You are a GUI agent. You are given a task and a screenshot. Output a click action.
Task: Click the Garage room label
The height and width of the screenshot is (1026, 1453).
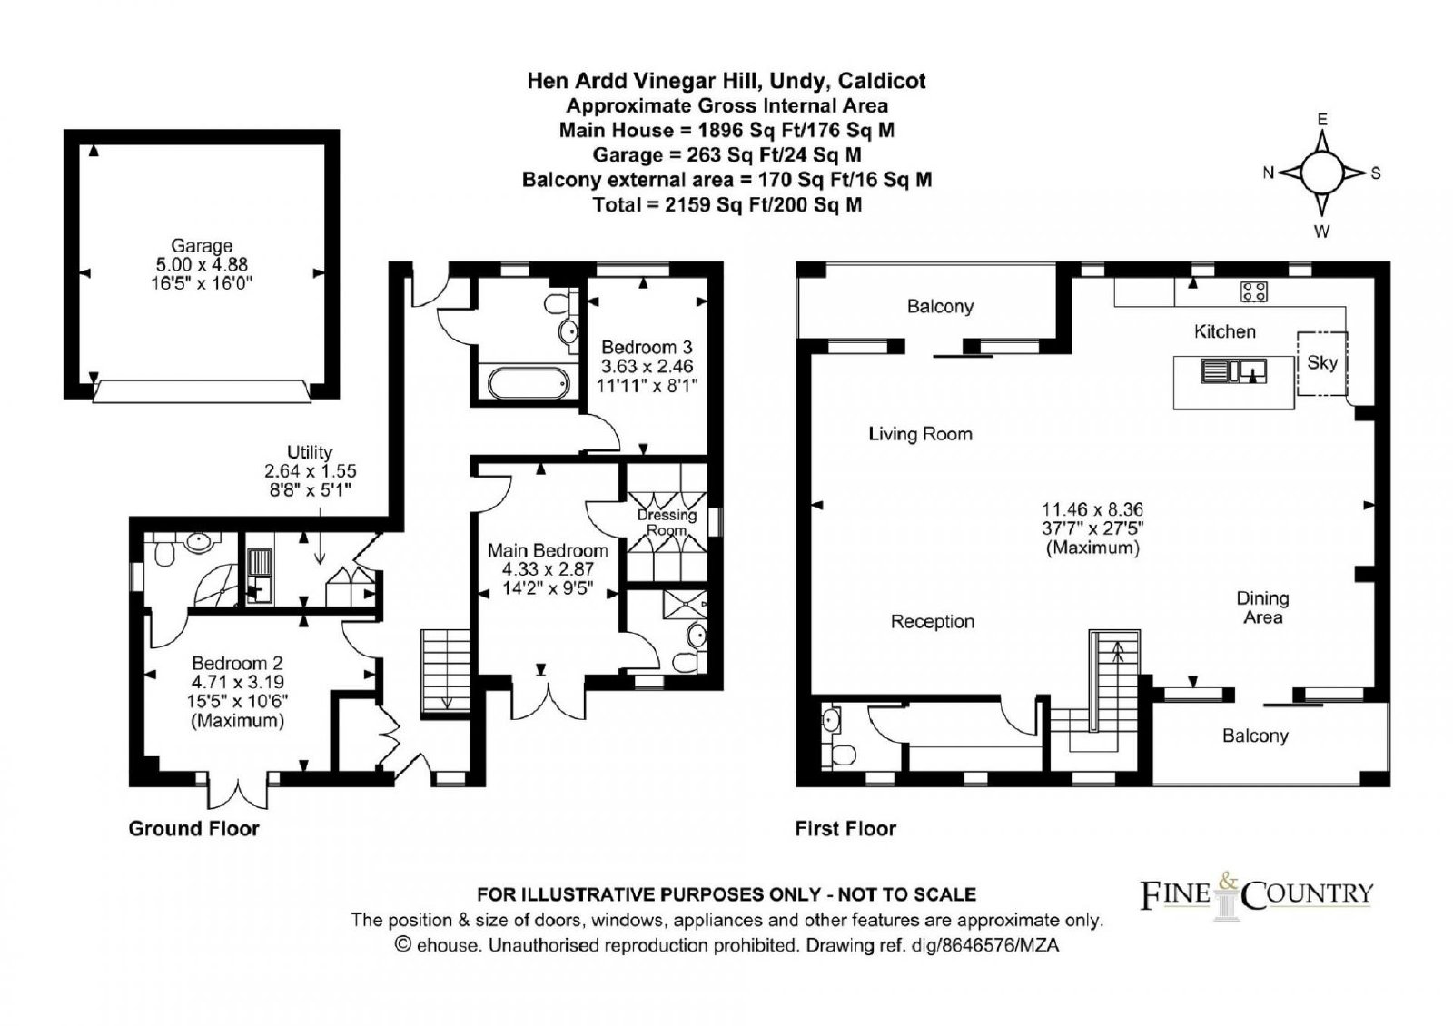tap(202, 246)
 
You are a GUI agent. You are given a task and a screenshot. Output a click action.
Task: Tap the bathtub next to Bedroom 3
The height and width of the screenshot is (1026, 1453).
tap(529, 383)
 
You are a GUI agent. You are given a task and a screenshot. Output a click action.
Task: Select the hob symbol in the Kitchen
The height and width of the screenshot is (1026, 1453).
tap(1254, 291)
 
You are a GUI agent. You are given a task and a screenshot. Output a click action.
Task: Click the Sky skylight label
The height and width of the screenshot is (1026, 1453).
tap(1321, 362)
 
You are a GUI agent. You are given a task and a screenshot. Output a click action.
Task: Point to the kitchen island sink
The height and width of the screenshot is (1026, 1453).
tap(1233, 372)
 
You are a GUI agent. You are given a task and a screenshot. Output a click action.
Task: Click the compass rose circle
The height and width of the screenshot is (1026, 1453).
tap(1322, 173)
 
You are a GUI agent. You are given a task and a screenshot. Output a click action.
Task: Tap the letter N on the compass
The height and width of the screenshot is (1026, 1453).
tap(1268, 173)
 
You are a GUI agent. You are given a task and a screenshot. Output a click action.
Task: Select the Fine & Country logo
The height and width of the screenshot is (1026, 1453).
tap(1257, 896)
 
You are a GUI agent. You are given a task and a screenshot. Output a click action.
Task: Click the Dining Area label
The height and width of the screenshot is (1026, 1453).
tap(1262, 607)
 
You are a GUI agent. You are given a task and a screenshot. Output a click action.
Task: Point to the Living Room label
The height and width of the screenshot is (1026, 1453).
tap(920, 434)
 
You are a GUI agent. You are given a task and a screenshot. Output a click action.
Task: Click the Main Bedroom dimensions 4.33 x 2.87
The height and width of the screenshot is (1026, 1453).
tap(548, 569)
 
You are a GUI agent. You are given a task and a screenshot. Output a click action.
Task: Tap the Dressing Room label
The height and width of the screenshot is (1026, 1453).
tap(667, 523)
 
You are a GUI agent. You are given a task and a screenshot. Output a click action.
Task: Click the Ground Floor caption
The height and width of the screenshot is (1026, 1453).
tap(194, 828)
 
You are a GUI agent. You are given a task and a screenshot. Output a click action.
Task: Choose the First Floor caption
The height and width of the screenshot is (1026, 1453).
tap(845, 828)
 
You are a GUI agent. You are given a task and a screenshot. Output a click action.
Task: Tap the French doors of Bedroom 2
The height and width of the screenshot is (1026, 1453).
tap(237, 790)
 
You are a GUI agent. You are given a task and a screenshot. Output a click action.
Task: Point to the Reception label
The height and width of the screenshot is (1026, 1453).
tap(932, 622)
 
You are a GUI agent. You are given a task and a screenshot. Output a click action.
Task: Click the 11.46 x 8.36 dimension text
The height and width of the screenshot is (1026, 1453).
tap(1092, 509)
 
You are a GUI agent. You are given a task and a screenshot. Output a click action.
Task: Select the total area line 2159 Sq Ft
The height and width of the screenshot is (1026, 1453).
tap(727, 205)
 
